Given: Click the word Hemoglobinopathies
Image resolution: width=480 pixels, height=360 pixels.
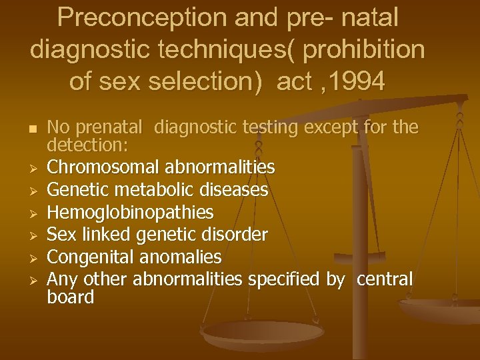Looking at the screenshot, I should tap(131, 213).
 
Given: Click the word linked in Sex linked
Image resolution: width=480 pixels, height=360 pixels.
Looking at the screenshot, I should tap(105, 235).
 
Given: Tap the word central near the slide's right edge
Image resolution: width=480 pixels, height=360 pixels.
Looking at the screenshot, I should tap(385, 279).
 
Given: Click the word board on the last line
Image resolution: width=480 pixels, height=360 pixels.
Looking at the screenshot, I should tap(71, 297).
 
